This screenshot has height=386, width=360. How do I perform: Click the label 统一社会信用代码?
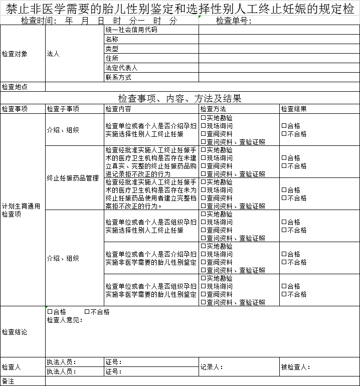point(131,30)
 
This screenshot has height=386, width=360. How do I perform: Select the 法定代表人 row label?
point(121,68)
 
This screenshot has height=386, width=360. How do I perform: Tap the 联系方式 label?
point(118,77)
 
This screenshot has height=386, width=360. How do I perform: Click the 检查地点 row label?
point(15,87)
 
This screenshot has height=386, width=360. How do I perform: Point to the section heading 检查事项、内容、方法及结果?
point(179,98)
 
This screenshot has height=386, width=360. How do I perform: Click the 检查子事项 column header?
point(63,109)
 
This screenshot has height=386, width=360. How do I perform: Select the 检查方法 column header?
point(213,109)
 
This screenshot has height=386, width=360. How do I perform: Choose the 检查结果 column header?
point(294,109)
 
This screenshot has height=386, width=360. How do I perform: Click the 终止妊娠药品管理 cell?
point(73,178)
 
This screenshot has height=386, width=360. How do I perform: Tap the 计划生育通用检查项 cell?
point(21,210)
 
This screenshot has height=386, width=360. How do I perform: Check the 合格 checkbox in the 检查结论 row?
point(50,312)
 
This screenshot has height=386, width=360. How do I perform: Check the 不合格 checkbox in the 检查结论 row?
point(87,312)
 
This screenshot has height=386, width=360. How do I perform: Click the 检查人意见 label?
point(65,320)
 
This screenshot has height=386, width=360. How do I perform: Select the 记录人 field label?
point(212,367)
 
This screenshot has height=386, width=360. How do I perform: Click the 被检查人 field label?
point(296,367)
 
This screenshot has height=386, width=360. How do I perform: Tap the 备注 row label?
point(8,381)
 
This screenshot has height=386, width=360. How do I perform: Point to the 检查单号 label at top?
point(234,21)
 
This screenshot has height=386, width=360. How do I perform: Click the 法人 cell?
point(53,54)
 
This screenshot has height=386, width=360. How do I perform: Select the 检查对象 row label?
point(15,54)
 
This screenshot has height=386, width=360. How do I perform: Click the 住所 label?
point(112,58)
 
